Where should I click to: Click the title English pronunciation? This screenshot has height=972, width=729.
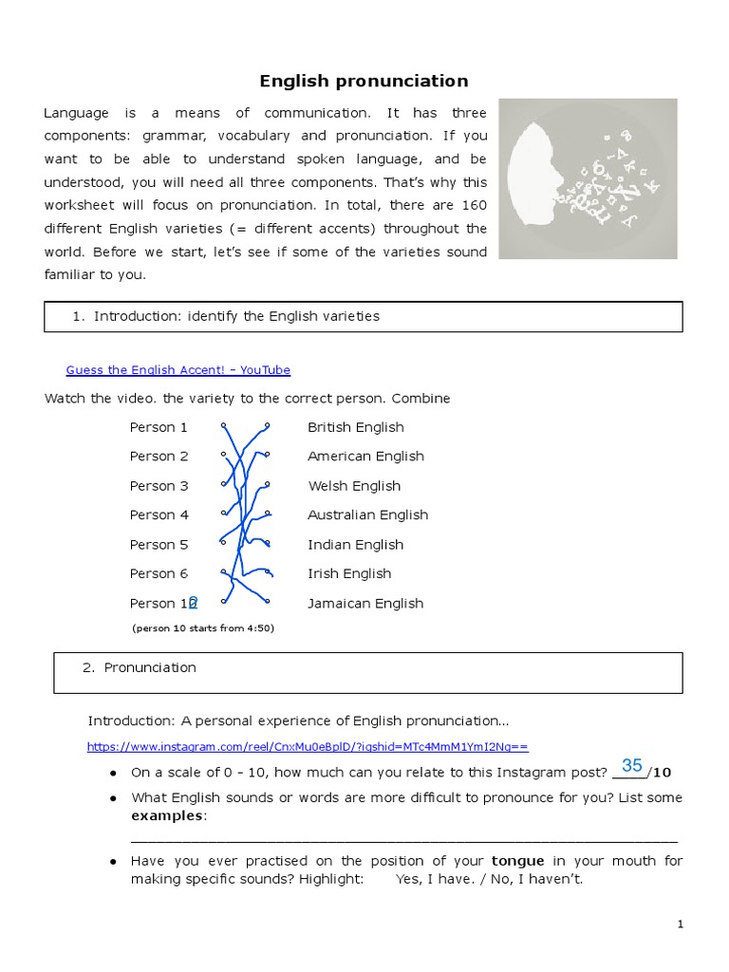(364, 81)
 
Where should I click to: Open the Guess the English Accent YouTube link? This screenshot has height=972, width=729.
(178, 370)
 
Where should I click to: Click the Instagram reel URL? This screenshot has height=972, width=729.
(308, 746)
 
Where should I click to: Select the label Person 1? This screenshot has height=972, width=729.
(159, 427)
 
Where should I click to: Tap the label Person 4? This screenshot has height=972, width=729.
(159, 514)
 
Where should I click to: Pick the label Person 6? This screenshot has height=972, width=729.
(159, 573)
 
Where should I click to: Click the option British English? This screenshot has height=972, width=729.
(355, 427)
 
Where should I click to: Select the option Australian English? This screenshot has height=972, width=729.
(367, 514)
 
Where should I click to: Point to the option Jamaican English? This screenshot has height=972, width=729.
(365, 603)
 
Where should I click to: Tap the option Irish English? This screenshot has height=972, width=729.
(348, 573)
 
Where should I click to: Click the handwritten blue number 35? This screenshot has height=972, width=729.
(632, 765)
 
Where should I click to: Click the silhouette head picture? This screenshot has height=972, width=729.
(588, 178)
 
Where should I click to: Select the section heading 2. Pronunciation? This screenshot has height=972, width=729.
(140, 667)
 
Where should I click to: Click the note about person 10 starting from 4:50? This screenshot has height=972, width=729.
(203, 627)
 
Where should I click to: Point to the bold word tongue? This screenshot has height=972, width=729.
(517, 861)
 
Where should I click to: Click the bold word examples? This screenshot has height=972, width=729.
(167, 815)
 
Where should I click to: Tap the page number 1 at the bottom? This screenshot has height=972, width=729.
(681, 924)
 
